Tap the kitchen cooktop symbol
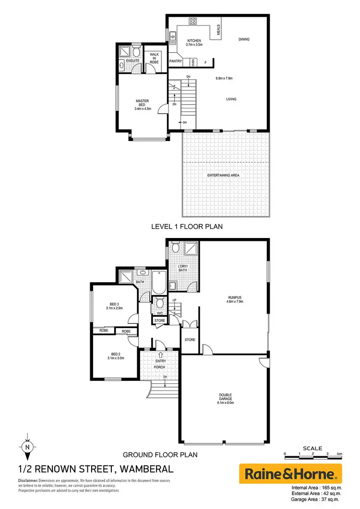coord(193,21)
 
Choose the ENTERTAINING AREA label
coord(223,176)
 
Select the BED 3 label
coord(114,304)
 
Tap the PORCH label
coord(159,367)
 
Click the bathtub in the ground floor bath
coord(157,284)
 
